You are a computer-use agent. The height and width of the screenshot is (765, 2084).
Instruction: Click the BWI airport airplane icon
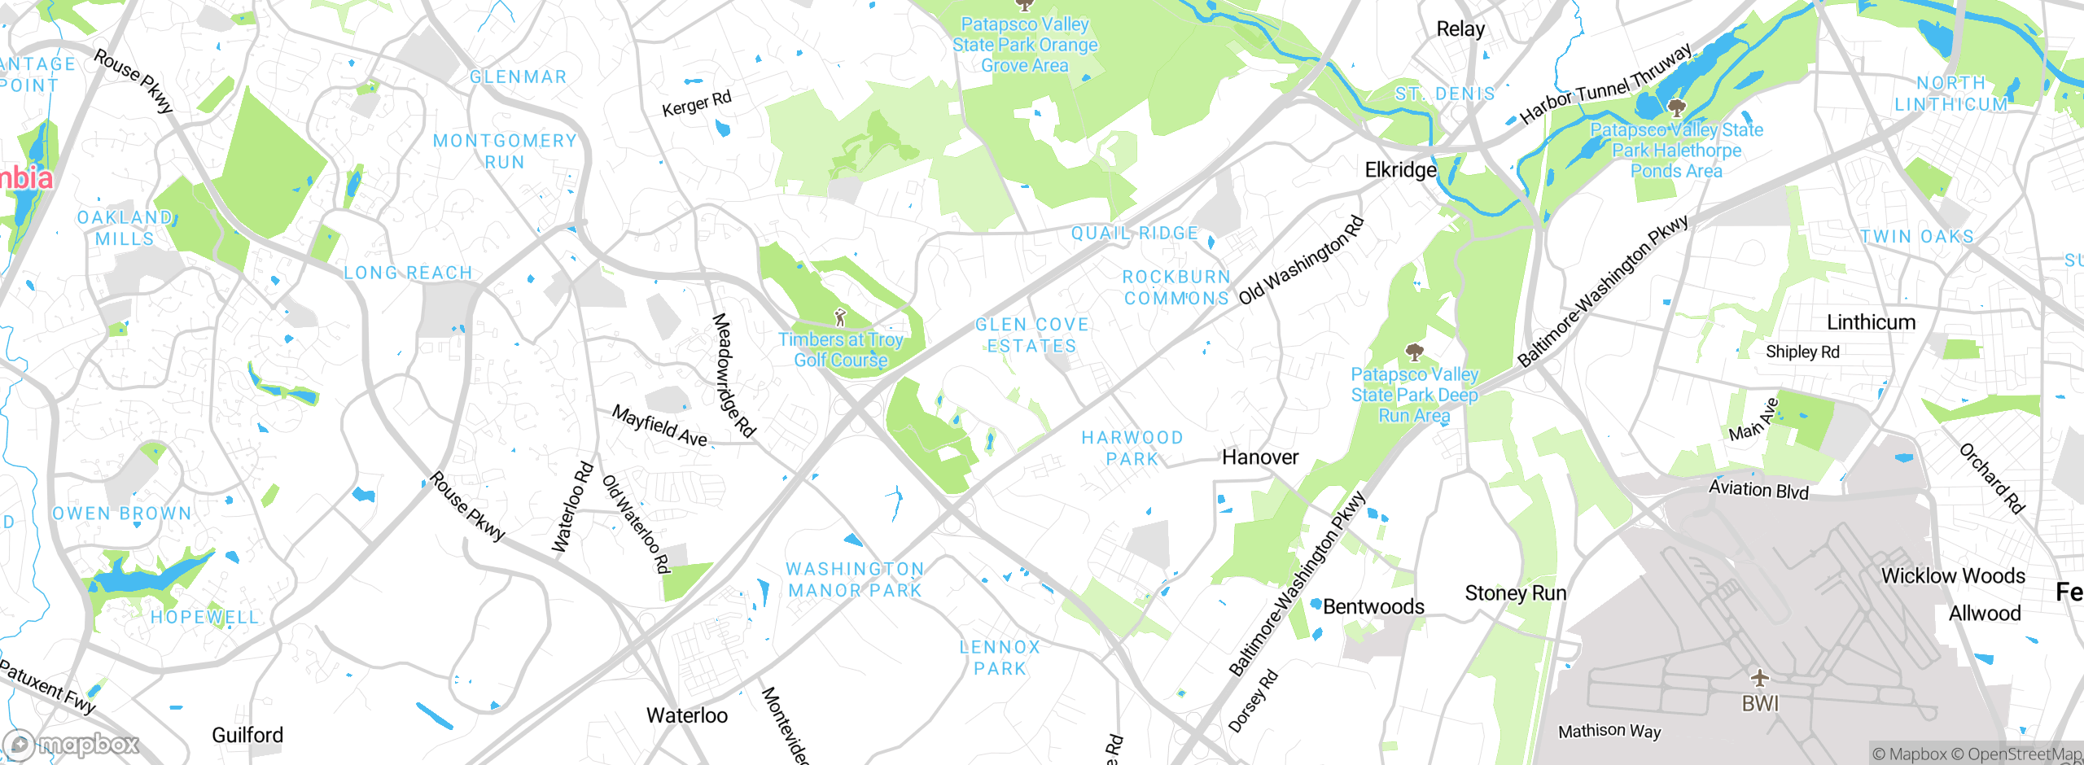click(1759, 677)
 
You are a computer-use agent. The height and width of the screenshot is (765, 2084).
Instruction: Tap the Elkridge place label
click(1400, 170)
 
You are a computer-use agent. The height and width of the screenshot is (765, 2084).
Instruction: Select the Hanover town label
click(1260, 457)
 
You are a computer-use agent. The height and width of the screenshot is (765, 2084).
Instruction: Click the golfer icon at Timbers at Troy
click(841, 317)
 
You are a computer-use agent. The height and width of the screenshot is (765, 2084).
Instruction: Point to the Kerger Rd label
click(696, 104)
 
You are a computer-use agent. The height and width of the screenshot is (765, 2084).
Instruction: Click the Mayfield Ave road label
click(659, 426)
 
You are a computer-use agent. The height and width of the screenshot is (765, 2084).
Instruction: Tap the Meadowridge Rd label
click(733, 376)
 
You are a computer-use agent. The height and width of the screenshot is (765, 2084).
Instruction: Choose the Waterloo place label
click(687, 715)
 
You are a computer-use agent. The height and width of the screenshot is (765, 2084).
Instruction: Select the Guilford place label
click(247, 735)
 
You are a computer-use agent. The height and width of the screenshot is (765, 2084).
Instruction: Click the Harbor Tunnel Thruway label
click(1606, 84)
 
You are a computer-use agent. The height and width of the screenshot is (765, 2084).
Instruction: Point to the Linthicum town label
click(1871, 322)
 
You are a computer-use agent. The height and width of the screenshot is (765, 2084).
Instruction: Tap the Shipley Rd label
click(1802, 352)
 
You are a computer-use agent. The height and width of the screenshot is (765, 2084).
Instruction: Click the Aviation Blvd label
click(1758, 489)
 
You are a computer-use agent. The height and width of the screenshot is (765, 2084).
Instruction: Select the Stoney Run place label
click(1515, 593)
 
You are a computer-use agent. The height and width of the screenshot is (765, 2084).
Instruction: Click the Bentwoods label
click(1373, 606)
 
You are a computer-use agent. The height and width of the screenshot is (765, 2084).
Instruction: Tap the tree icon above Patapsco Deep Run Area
click(1415, 352)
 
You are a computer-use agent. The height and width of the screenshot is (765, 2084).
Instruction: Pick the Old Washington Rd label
click(1301, 260)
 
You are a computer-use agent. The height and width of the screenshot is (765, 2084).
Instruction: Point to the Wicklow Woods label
click(1953, 576)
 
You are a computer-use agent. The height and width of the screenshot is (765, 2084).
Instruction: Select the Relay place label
click(1460, 29)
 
